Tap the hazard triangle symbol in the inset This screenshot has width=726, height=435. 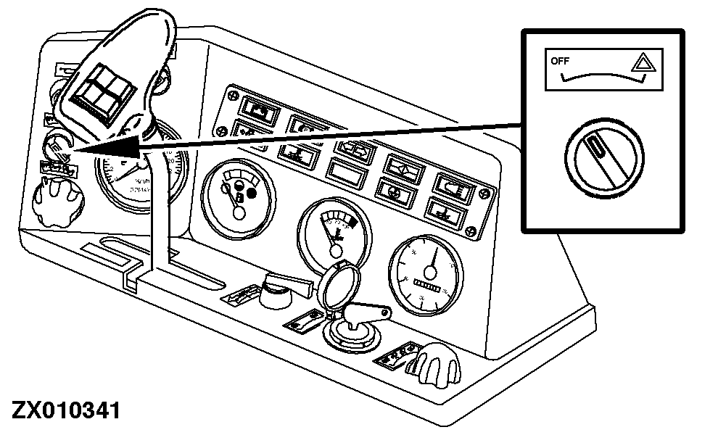(641, 65)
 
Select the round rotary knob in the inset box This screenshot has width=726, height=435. (601, 154)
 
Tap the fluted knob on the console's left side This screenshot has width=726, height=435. (56, 197)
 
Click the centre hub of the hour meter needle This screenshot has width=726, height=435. (430, 273)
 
